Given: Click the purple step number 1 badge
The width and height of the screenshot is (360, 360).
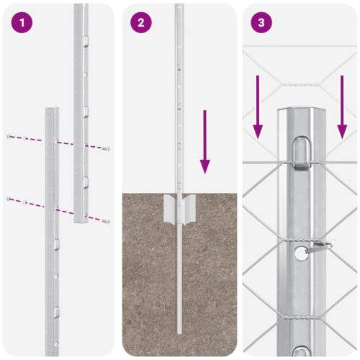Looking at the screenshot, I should [x=24, y=23].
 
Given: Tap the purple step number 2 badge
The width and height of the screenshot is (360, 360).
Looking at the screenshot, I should [x=140, y=23].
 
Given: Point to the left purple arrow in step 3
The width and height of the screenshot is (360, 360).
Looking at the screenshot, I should [x=258, y=107].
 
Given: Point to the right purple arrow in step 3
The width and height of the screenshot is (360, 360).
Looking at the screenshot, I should [x=343, y=107].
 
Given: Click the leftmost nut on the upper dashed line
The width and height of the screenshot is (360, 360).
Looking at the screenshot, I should [x=8, y=136].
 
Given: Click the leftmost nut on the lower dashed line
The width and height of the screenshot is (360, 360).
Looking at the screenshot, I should [x=8, y=198].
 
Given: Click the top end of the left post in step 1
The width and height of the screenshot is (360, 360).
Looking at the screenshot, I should [x=52, y=109].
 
